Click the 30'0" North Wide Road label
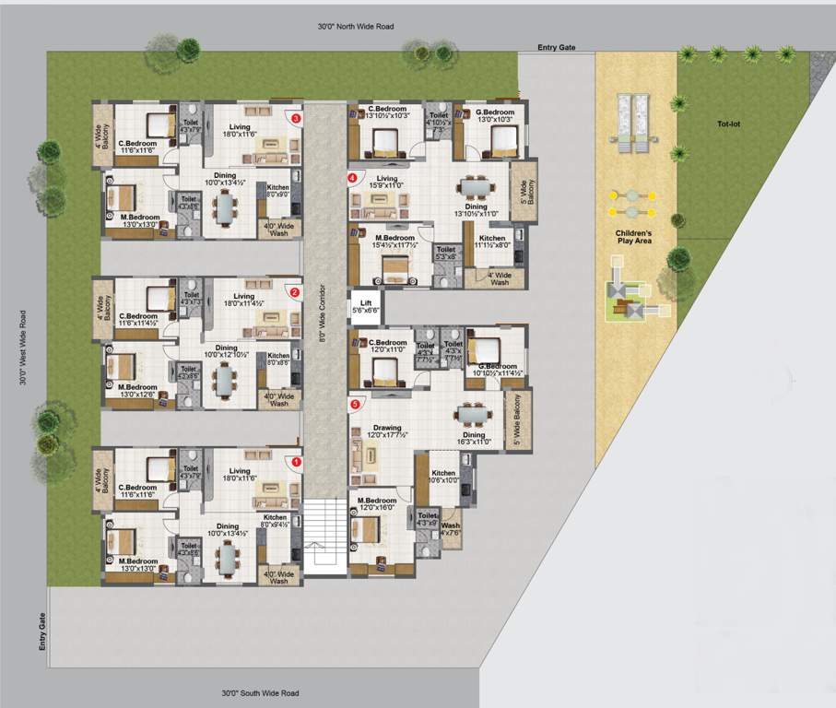click(x=355, y=27)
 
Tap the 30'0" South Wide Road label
click(x=260, y=692)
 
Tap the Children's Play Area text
click(x=633, y=237)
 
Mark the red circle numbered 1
click(x=296, y=462)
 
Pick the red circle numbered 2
click(x=295, y=292)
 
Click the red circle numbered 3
click(x=296, y=118)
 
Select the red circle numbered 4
click(x=352, y=177)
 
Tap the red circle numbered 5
click(x=354, y=403)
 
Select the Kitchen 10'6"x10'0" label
click(x=443, y=477)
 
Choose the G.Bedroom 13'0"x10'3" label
click(x=493, y=114)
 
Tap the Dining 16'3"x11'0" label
click(x=474, y=439)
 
